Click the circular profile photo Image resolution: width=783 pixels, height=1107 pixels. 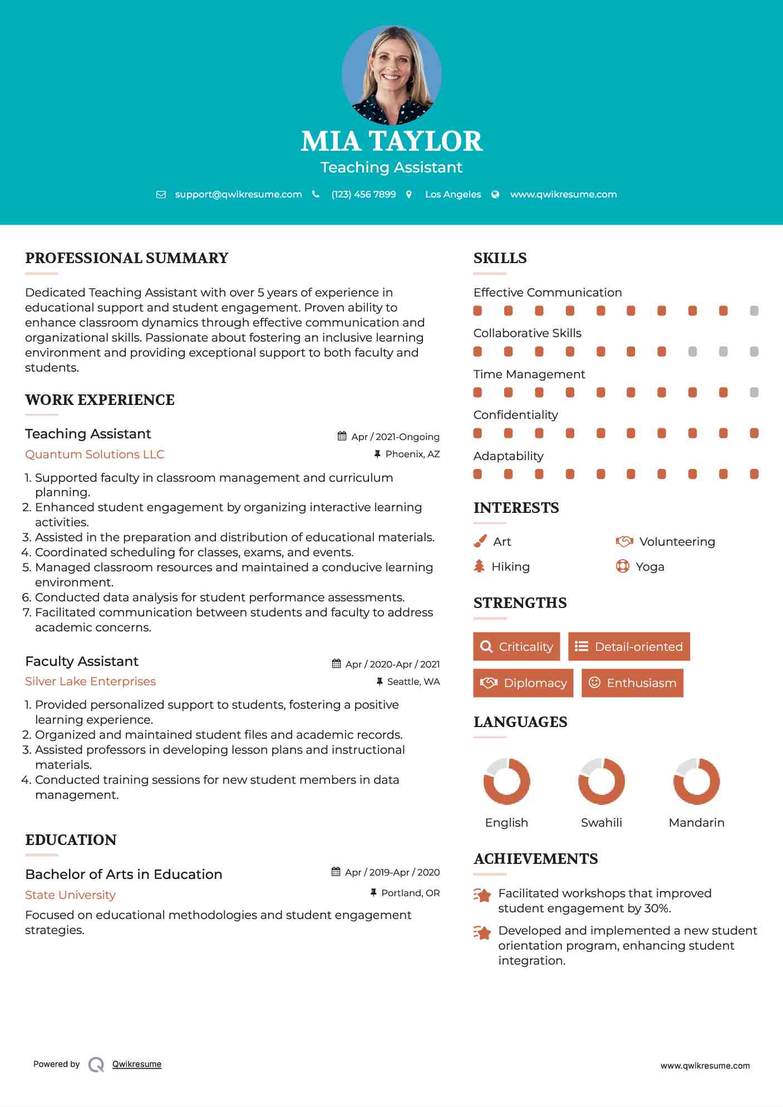pyautogui.click(x=391, y=75)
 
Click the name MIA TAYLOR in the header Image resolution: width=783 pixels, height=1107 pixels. pyautogui.click(x=391, y=141)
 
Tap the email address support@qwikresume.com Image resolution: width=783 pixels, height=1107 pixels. pyautogui.click(x=238, y=195)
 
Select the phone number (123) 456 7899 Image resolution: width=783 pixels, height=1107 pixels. pyautogui.click(x=363, y=195)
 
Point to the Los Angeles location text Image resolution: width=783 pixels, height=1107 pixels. pyautogui.click(x=453, y=195)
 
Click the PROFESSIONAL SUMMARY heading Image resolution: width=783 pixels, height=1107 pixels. pyautogui.click(x=127, y=258)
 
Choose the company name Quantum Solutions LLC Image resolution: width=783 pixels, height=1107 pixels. pyautogui.click(x=95, y=454)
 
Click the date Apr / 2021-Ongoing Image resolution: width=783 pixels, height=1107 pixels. pyautogui.click(x=395, y=437)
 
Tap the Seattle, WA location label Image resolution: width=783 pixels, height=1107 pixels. pyautogui.click(x=413, y=681)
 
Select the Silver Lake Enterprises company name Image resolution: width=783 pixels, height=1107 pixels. pyautogui.click(x=90, y=681)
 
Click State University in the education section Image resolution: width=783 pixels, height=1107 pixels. pyautogui.click(x=70, y=895)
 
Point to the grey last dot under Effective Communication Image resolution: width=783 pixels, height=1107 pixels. pyautogui.click(x=754, y=311)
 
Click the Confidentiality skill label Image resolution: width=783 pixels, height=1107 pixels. pyautogui.click(x=515, y=415)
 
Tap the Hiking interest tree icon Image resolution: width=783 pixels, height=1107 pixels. pyautogui.click(x=479, y=566)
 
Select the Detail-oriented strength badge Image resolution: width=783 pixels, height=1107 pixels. pyautogui.click(x=629, y=646)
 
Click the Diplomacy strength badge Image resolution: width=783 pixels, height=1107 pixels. pyautogui.click(x=523, y=683)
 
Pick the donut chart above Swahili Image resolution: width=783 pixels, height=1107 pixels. pyautogui.click(x=602, y=781)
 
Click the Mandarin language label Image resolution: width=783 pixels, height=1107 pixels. pyautogui.click(x=696, y=823)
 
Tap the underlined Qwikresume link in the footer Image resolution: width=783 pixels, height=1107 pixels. pyautogui.click(x=137, y=1064)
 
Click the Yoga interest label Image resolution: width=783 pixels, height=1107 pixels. pyautogui.click(x=650, y=567)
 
